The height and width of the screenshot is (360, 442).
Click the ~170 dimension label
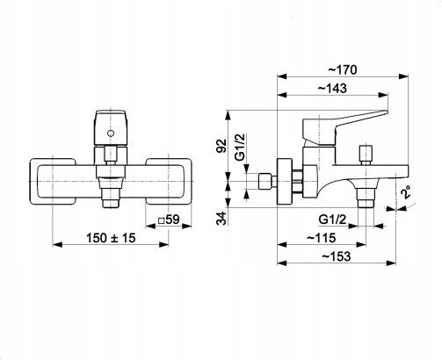click(343, 70)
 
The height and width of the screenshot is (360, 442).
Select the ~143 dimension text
click(332, 88)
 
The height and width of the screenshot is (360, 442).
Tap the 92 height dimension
click(221, 146)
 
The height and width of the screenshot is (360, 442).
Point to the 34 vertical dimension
click(221, 218)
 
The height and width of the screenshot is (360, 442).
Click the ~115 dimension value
click(321, 238)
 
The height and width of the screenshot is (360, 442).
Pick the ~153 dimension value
click(337, 256)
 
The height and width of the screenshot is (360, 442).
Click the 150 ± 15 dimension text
click(111, 238)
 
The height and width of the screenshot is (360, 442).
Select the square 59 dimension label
click(169, 220)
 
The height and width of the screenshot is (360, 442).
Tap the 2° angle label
click(406, 192)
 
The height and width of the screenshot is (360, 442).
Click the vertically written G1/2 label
click(240, 147)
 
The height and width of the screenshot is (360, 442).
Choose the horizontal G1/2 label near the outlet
click(332, 219)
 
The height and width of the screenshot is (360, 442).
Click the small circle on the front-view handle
click(111, 133)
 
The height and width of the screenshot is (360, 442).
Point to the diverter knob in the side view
click(366, 155)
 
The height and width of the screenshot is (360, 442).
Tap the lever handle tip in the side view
click(386, 112)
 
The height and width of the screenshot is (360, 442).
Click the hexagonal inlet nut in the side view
click(265, 182)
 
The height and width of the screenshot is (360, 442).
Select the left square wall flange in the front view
click(53, 182)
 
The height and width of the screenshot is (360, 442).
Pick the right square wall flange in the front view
click(169, 182)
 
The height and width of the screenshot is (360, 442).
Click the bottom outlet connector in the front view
click(111, 198)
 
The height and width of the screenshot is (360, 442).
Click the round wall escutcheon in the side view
click(284, 182)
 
